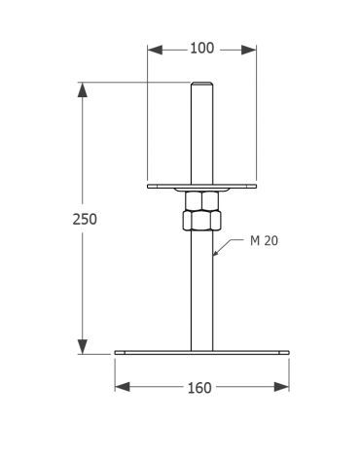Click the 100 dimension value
click(201, 49)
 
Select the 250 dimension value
click(85, 220)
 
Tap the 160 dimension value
click(199, 388)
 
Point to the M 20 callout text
click(264, 241)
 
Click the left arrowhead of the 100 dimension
click(155, 50)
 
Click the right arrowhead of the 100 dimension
click(249, 50)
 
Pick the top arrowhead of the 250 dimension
click(83, 89)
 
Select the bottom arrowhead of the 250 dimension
click(83, 346)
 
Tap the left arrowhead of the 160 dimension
click(123, 387)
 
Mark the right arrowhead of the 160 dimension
click(281, 387)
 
